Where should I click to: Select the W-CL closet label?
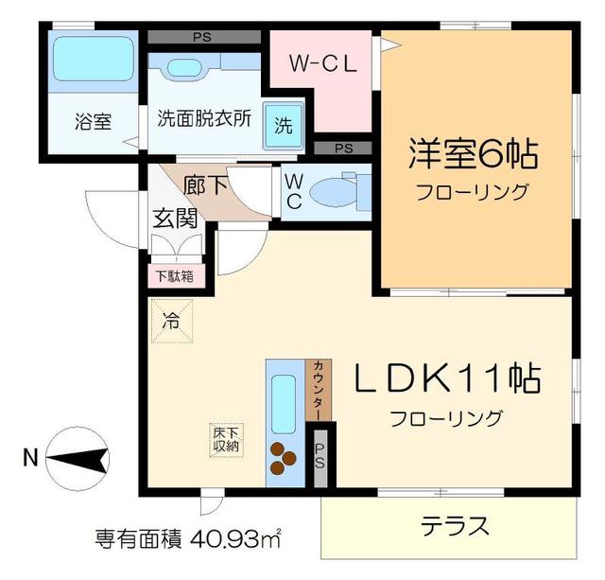pos(321,65)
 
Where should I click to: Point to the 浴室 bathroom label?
pos(92,121)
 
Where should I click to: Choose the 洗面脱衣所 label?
pos(204,120)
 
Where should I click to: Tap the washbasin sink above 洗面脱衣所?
pos(182,70)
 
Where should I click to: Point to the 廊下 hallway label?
pos(205,184)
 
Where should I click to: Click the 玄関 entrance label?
pos(176,219)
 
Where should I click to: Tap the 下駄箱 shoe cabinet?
pos(174,276)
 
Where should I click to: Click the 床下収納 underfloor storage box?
pos(226,438)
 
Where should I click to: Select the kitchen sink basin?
pos(284,401)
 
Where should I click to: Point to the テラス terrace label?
pos(454,526)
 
